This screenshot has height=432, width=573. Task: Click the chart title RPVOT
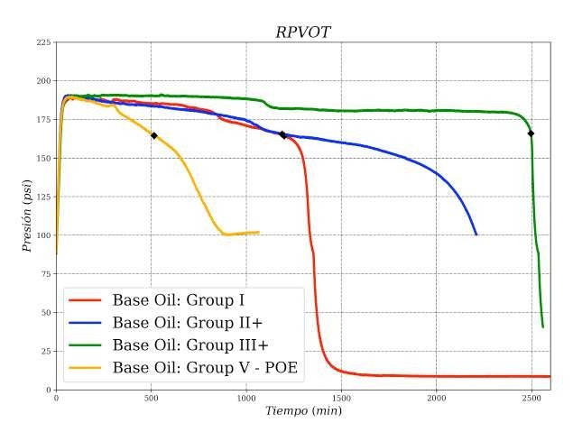click(x=302, y=32)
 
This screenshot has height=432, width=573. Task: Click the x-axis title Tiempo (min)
click(x=302, y=411)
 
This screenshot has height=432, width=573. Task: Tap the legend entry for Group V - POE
click(x=205, y=367)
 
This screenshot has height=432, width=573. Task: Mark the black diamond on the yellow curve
click(x=154, y=136)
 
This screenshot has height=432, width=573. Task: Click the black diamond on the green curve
click(x=531, y=133)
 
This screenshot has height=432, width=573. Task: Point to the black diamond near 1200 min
click(x=282, y=135)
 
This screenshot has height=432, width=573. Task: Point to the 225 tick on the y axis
click(x=43, y=42)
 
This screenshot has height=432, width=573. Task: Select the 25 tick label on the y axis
click(x=46, y=351)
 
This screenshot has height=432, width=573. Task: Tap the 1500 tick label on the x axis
click(x=341, y=398)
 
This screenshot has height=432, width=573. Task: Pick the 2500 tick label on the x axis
click(x=531, y=398)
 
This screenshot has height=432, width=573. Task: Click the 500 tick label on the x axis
click(x=151, y=398)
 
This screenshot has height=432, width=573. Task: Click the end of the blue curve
click(x=476, y=234)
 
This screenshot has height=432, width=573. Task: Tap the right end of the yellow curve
click(x=259, y=232)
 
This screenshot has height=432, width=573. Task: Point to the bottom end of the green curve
click(x=542, y=326)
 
